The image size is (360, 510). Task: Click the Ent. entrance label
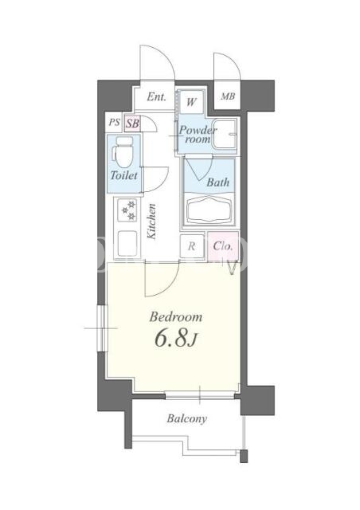[x=156, y=96]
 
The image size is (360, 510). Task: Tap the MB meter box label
[x=228, y=96]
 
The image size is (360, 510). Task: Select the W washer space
[x=191, y=102]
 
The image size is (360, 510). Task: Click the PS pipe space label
[x=114, y=122]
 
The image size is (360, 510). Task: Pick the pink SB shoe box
[x=133, y=124]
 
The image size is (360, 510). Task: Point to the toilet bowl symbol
[x=123, y=152]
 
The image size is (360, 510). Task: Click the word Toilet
[x=124, y=175]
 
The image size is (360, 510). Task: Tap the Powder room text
[x=197, y=135]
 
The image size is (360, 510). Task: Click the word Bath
[x=218, y=182]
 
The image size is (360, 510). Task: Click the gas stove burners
[x=127, y=210]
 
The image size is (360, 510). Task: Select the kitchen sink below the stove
[x=127, y=243]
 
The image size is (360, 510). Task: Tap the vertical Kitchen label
[x=151, y=222]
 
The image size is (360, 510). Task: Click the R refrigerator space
[x=192, y=246]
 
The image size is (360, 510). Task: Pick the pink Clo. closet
[x=223, y=246]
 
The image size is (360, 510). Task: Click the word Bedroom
[x=175, y=317]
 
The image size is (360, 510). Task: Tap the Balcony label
[x=186, y=418]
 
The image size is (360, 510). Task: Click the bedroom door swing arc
[x=169, y=284]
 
